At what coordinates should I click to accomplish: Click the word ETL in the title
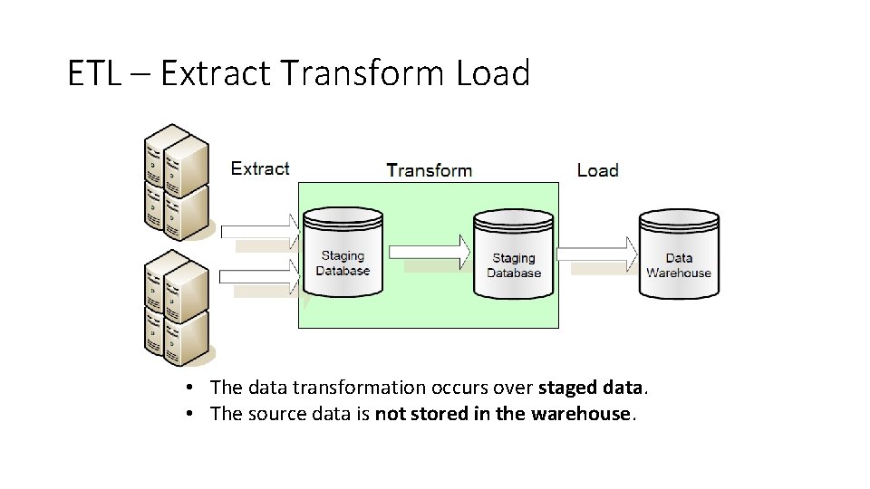[x=92, y=73]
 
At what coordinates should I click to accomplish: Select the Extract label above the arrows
[x=260, y=168]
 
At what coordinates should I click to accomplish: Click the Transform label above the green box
[x=429, y=170]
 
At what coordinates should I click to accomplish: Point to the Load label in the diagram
[x=597, y=170]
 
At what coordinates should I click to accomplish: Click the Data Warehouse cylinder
[x=679, y=254]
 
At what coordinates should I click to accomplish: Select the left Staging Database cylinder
[x=343, y=253]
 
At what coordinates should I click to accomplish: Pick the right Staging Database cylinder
[x=514, y=254]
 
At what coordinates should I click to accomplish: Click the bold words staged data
[x=591, y=388]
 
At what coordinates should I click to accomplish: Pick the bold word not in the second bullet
[x=389, y=414]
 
